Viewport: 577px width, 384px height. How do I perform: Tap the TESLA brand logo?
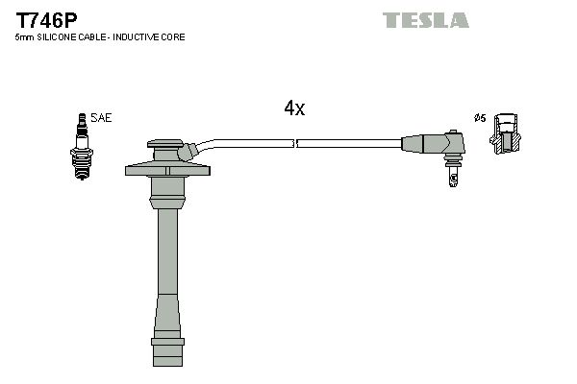point(426,19)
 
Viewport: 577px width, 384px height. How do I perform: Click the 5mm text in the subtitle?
point(24,36)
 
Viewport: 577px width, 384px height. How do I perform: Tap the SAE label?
point(103,117)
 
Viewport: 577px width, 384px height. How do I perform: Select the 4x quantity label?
point(294,109)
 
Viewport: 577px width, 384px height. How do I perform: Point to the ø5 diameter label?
point(479,118)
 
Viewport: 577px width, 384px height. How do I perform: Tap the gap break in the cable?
point(295,143)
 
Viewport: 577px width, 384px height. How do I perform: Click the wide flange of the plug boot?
point(167,171)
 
